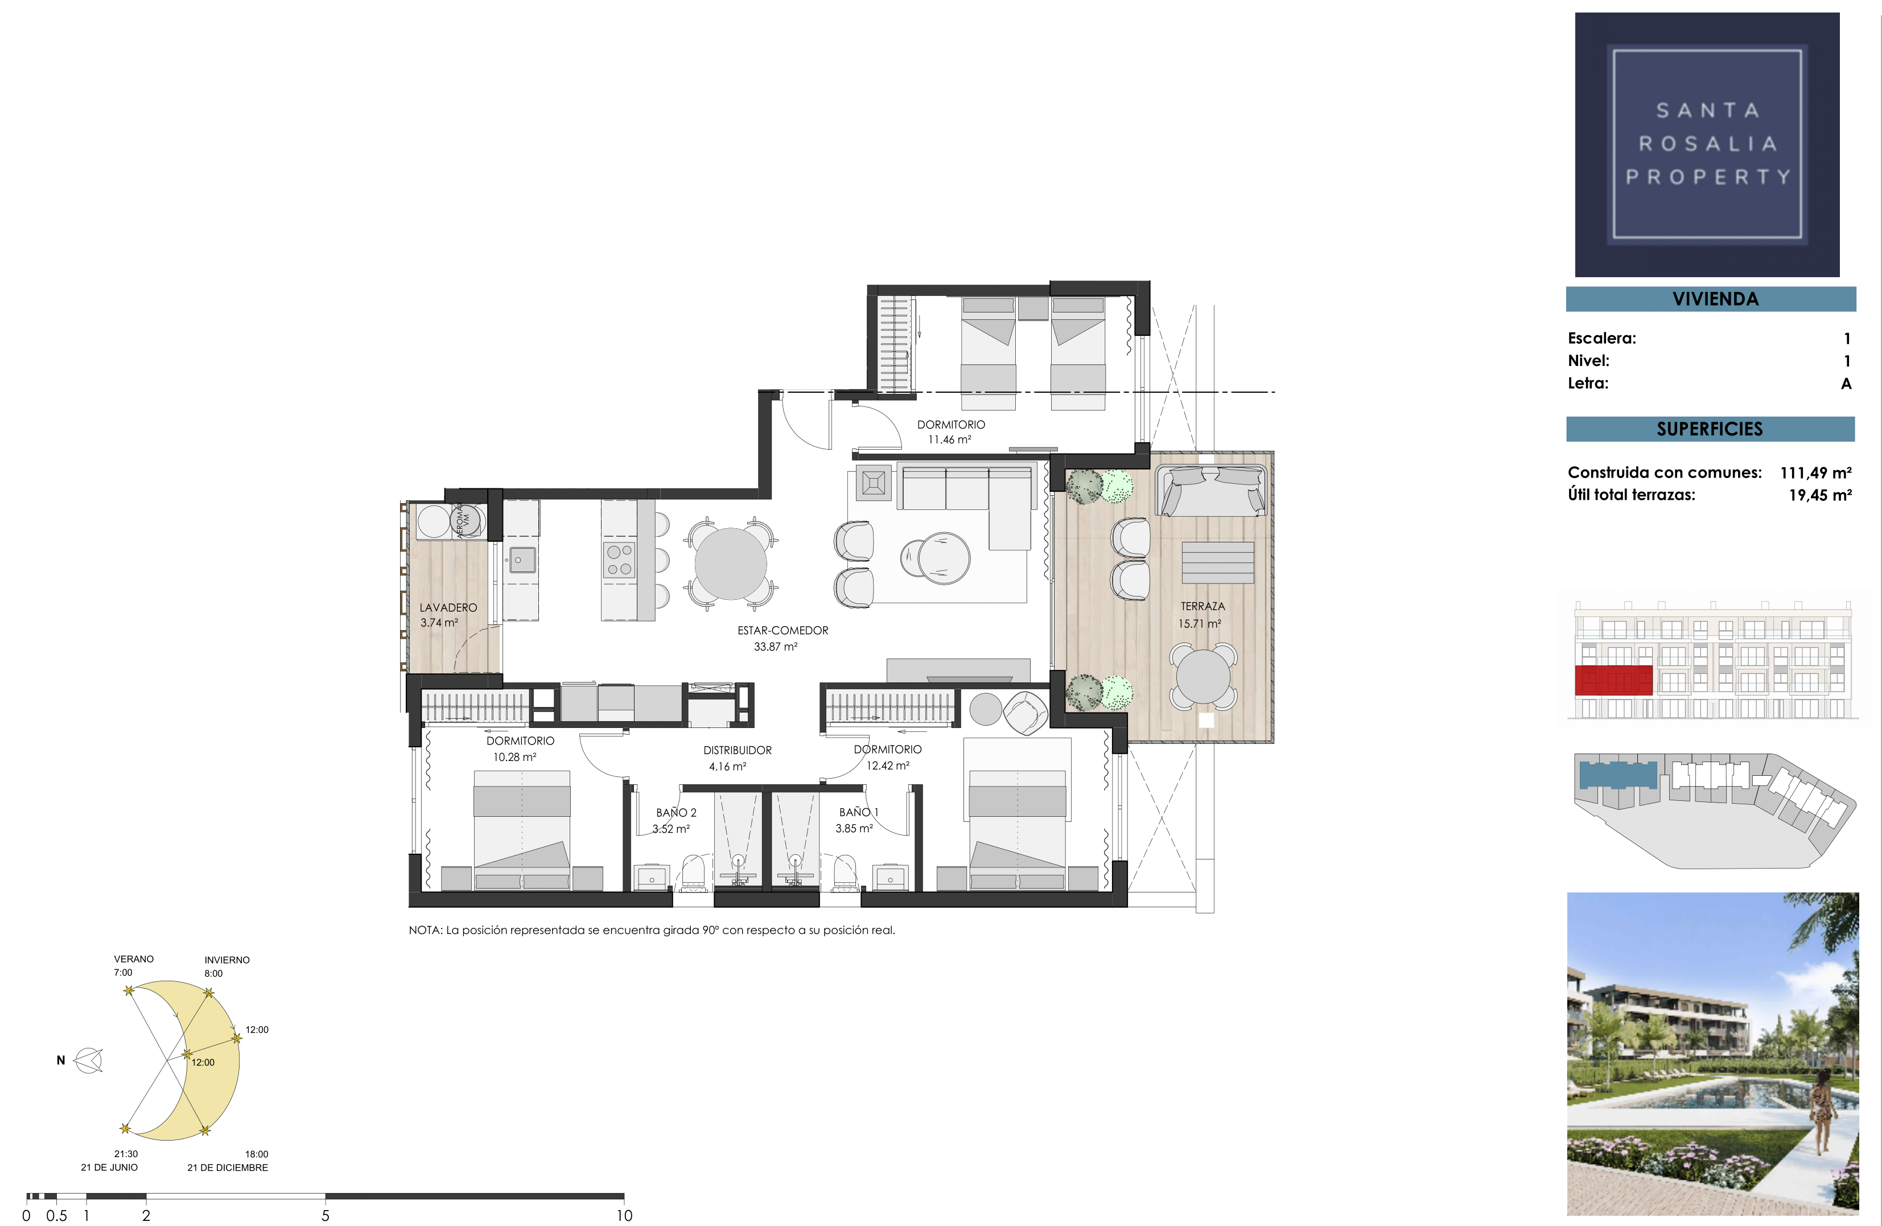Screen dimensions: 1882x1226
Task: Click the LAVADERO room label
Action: pyautogui.click(x=448, y=607)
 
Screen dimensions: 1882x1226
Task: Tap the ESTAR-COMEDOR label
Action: pyautogui.click(x=783, y=631)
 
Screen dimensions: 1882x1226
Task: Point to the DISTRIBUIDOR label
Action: pyautogui.click(x=738, y=750)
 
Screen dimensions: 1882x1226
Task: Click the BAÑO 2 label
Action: pyautogui.click(x=676, y=812)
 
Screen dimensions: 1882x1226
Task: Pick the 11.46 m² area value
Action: pyautogui.click(x=950, y=440)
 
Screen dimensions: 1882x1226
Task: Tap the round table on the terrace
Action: pyautogui.click(x=1202, y=676)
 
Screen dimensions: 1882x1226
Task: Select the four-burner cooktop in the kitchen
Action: pyautogui.click(x=619, y=560)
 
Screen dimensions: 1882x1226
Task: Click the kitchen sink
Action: pyautogui.click(x=521, y=560)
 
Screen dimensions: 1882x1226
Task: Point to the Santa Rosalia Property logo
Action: pyautogui.click(x=1707, y=144)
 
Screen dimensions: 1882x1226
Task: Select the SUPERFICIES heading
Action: pyautogui.click(x=1710, y=429)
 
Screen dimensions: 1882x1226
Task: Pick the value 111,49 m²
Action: pyautogui.click(x=1815, y=473)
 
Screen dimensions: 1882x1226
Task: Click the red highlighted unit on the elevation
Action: pyautogui.click(x=1613, y=680)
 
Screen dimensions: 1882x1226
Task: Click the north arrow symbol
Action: pyautogui.click(x=89, y=1061)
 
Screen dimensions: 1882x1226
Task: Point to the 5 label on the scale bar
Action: pyautogui.click(x=325, y=1216)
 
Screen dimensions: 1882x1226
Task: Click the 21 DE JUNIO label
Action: pyautogui.click(x=109, y=1167)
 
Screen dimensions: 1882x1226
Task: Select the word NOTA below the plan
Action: pyautogui.click(x=425, y=930)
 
